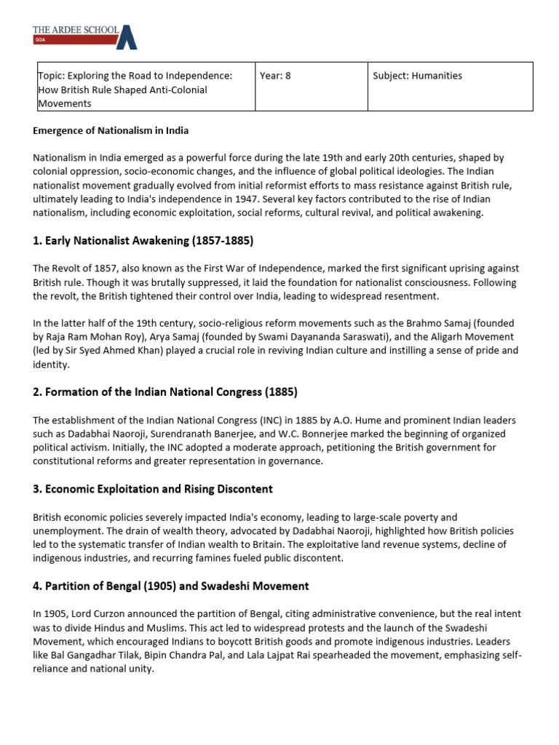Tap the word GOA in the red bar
pyautogui.click(x=41, y=40)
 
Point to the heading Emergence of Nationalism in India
pyautogui.click(x=111, y=131)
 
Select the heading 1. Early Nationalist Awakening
pyautogui.click(x=143, y=241)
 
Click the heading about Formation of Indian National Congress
pyautogui.click(x=165, y=392)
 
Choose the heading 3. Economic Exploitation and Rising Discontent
pyautogui.click(x=153, y=489)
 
